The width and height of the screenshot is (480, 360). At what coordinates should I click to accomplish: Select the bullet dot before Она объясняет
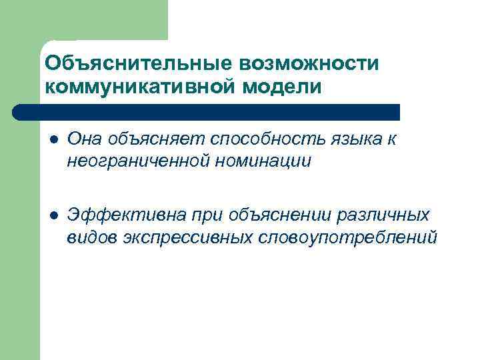pos(53,139)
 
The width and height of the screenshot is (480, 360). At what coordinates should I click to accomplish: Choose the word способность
pos(253,139)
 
